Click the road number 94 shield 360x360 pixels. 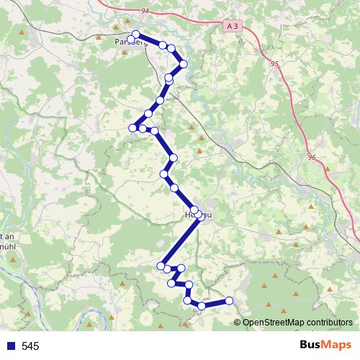[145, 11]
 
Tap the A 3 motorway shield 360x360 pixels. [231, 26]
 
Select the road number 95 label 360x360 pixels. [274, 63]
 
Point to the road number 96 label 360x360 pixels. [311, 157]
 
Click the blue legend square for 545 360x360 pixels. [10, 346]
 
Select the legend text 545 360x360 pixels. [30, 346]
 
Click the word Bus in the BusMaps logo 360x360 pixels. [311, 344]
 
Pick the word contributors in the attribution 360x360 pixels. [330, 323]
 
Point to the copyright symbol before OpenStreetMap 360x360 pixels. [238, 323]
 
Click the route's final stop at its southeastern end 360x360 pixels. [230, 300]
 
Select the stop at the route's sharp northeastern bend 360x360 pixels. [184, 64]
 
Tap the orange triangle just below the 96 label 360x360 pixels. [328, 169]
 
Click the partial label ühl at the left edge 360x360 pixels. [7, 246]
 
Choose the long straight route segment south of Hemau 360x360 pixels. [180, 240]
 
